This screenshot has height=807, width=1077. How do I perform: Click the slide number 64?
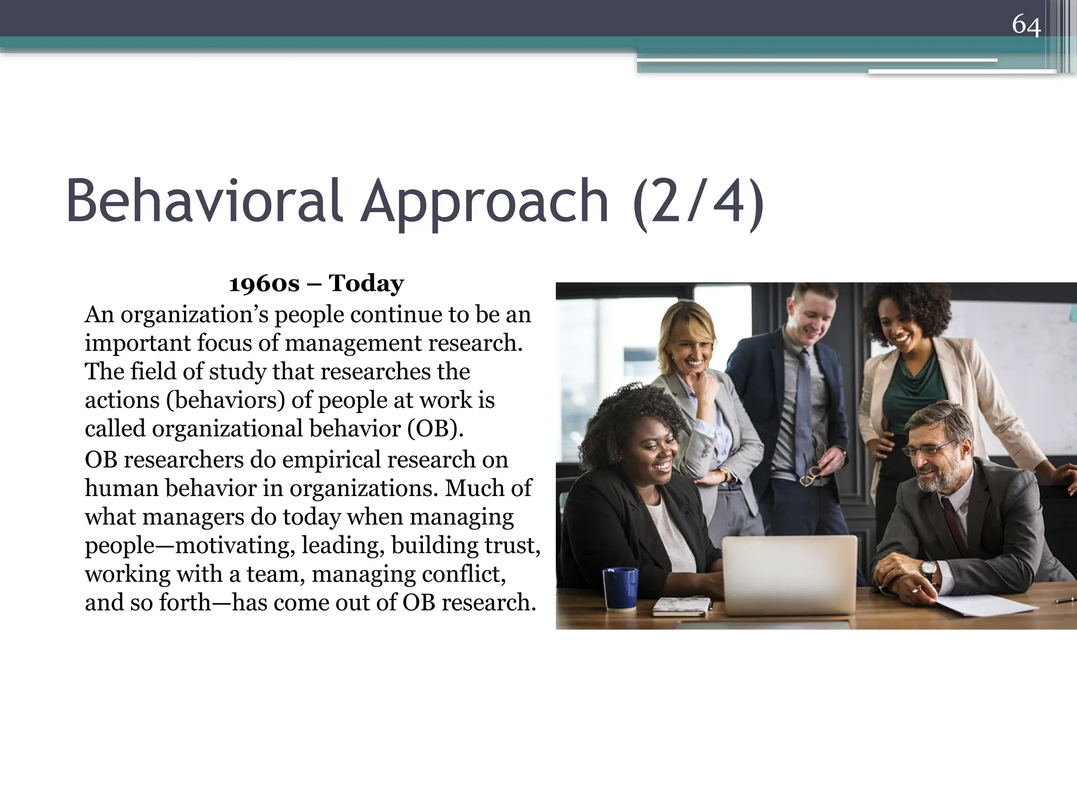pyautogui.click(x=1026, y=25)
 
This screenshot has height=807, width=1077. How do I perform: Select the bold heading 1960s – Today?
pyautogui.click(x=317, y=284)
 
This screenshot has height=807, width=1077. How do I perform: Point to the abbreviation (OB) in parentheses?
pyautogui.click(x=435, y=429)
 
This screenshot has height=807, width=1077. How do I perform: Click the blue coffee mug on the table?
pyautogui.click(x=620, y=588)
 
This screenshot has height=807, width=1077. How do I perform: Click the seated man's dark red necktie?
pyautogui.click(x=954, y=525)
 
